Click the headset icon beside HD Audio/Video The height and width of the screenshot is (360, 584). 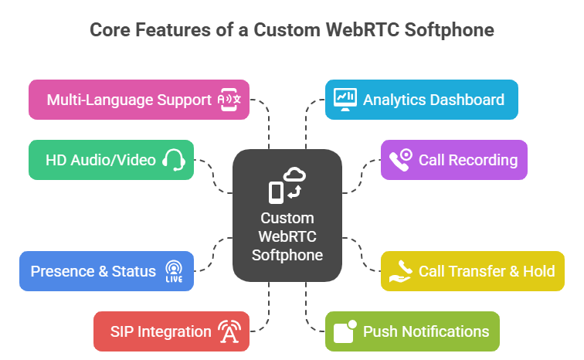(x=173, y=160)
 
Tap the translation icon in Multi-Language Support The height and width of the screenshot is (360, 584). (x=229, y=100)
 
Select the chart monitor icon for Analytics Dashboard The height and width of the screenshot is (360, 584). (x=345, y=99)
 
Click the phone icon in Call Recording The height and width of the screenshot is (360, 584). (x=401, y=160)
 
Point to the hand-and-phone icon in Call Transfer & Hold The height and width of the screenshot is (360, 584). (x=400, y=270)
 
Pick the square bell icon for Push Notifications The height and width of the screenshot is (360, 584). (x=345, y=331)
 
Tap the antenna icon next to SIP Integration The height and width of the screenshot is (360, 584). (x=229, y=331)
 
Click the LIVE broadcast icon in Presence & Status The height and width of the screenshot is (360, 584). (x=173, y=271)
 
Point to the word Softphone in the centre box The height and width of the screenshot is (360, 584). (x=287, y=255)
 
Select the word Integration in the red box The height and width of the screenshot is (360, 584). (x=175, y=331)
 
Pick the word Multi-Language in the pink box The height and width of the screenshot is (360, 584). (x=95, y=100)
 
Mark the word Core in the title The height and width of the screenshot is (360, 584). (x=108, y=30)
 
